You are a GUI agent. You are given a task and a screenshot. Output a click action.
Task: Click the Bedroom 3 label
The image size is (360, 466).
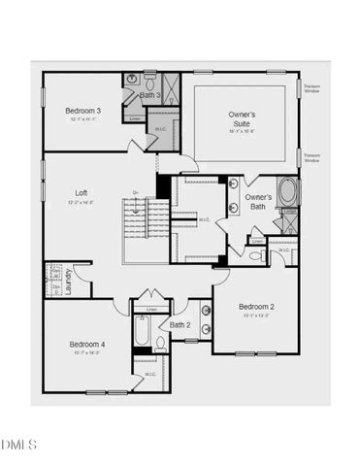coord(83,111)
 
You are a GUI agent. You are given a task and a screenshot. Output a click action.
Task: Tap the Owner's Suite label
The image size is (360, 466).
coord(243,119)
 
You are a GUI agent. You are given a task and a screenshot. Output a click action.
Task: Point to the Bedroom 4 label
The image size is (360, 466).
coord(86,344)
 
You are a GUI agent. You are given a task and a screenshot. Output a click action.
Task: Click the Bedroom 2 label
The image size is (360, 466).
coord(257,307)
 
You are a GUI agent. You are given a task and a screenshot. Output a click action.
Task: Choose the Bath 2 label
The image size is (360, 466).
coord(180,324)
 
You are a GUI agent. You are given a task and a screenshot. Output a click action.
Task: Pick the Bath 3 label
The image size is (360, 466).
coord(150,95)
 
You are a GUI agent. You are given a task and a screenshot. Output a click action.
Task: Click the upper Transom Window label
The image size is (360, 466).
coord(311,88)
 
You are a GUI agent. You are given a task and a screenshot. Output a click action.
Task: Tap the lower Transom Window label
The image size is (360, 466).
coord(311,155)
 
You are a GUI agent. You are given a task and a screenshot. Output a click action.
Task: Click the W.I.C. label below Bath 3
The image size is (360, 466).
coord(161,129)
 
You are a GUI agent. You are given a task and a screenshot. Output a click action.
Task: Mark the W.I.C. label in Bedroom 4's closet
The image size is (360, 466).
coord(150,374)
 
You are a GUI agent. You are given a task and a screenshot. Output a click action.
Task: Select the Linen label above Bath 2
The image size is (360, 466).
coord(151,310)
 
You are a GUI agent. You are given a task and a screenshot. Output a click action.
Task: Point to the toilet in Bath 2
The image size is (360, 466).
coord(160,342)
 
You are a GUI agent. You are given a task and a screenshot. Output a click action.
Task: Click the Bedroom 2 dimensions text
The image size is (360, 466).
coord(257,316)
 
